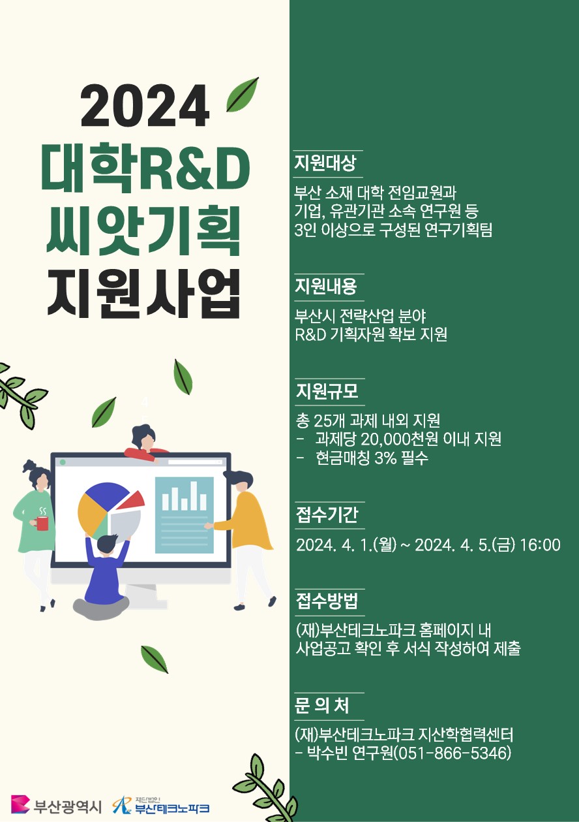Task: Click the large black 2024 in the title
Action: click(x=145, y=106)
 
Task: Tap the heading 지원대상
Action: click(x=325, y=163)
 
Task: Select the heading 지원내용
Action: click(x=326, y=287)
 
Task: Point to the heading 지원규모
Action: click(x=327, y=391)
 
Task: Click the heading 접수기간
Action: click(x=327, y=514)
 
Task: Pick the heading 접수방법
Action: click(x=327, y=601)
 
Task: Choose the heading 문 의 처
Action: click(x=322, y=706)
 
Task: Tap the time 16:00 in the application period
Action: click(x=540, y=545)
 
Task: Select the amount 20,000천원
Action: click(x=400, y=439)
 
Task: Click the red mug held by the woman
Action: click(x=42, y=523)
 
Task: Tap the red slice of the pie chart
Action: click(x=131, y=500)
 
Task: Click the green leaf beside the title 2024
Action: click(x=242, y=94)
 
